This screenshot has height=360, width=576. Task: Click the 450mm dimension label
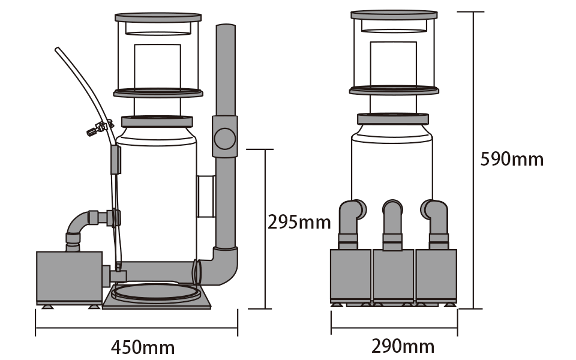(143, 347)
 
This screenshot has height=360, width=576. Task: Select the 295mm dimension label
(299, 222)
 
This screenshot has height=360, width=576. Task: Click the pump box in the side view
(68, 277)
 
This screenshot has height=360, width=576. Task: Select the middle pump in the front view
(393, 275)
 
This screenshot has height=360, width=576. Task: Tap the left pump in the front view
(350, 275)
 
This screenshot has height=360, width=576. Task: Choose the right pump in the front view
(436, 275)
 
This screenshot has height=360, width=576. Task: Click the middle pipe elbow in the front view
(393, 219)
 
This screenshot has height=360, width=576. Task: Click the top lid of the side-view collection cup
(157, 16)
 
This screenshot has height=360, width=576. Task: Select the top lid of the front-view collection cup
(394, 14)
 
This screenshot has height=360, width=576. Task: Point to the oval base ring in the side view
(157, 293)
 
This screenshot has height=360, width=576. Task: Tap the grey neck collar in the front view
(393, 119)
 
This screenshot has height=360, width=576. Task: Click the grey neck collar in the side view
(157, 121)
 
